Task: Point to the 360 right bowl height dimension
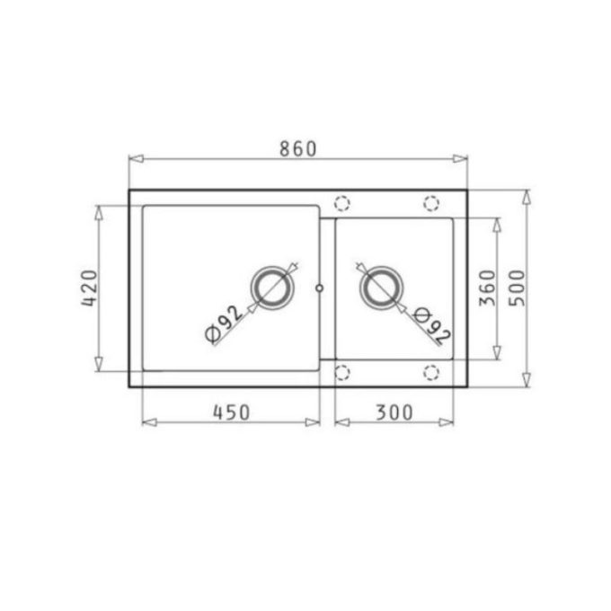click(x=487, y=288)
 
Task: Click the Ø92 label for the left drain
click(x=225, y=323)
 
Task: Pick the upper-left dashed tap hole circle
click(x=342, y=203)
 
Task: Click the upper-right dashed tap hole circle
click(x=430, y=203)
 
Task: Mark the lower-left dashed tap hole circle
click(x=342, y=372)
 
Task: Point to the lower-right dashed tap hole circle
click(x=430, y=372)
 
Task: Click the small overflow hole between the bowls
click(x=320, y=288)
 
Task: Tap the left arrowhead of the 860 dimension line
click(x=136, y=159)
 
